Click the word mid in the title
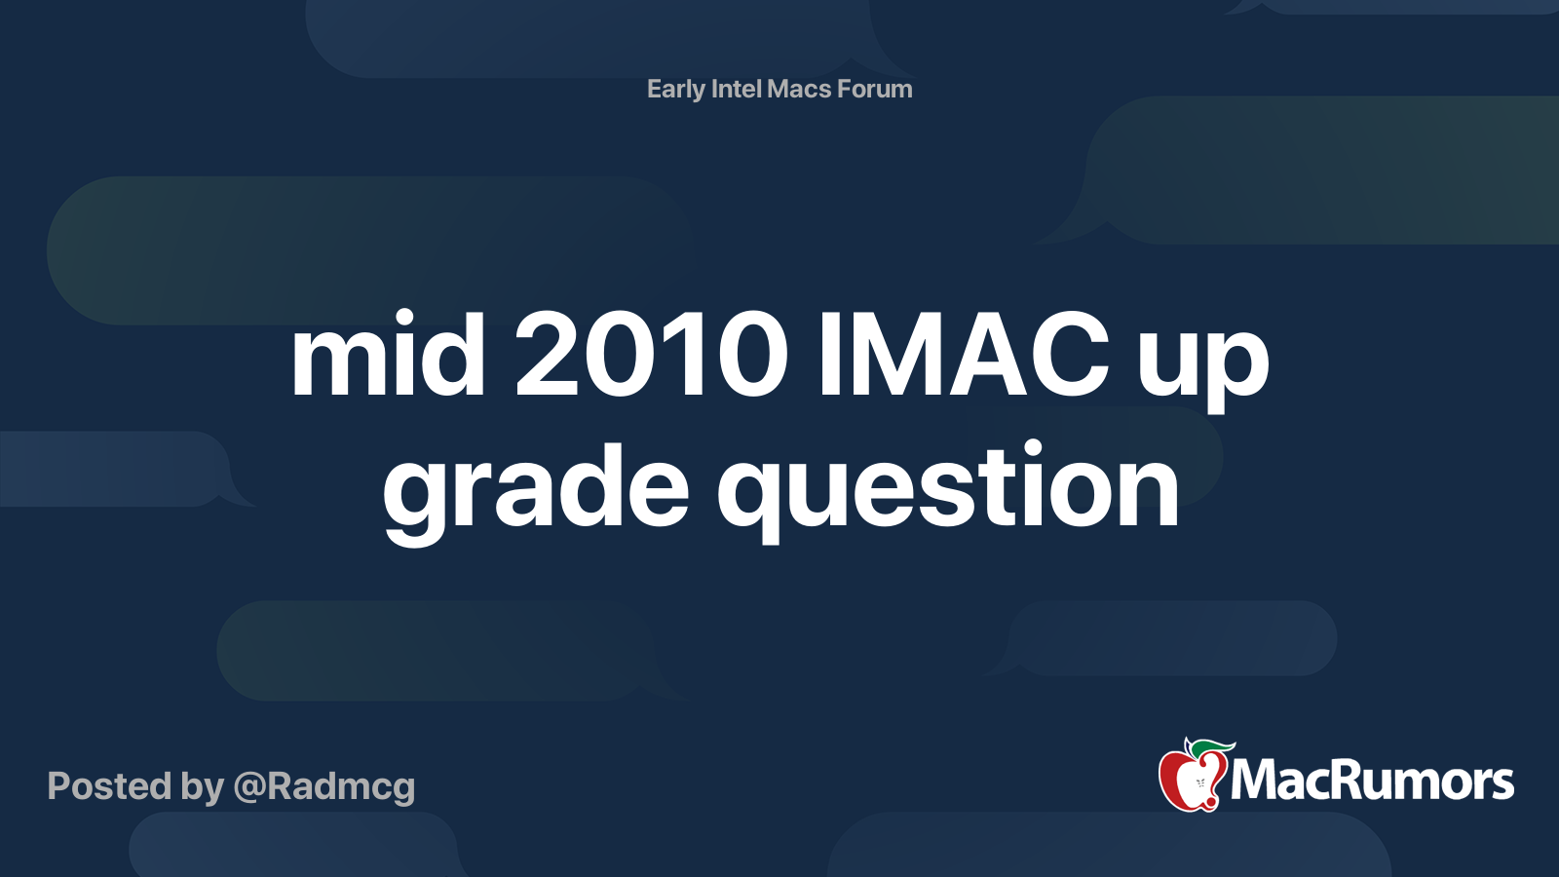[388, 356]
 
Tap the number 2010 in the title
[651, 356]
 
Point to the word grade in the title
[535, 487]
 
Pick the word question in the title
[948, 487]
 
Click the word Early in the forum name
[675, 90]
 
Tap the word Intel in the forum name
[737, 90]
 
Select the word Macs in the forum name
[799, 90]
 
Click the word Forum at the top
[875, 90]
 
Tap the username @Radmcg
[324, 787]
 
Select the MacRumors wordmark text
[1372, 782]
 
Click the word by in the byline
[202, 787]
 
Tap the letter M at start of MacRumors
[1254, 782]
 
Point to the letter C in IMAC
[1070, 356]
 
